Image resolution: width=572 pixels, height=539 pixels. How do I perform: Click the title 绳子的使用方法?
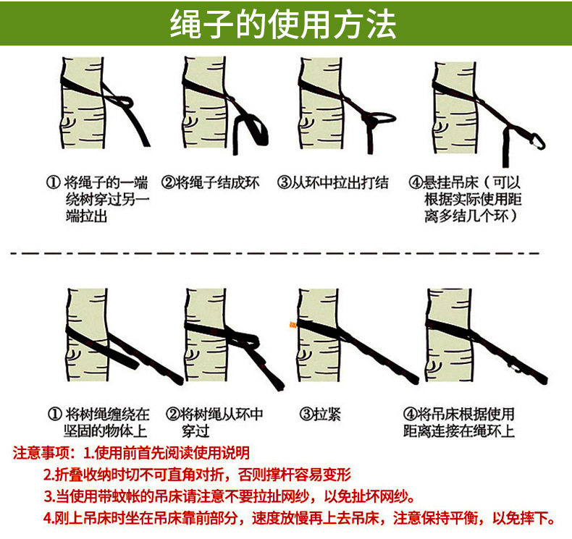coord(283,24)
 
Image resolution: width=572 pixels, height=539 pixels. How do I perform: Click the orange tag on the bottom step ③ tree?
coord(293,324)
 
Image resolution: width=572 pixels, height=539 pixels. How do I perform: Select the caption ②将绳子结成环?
coord(211,182)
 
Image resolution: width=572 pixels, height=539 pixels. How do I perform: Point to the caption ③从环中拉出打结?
coord(333,182)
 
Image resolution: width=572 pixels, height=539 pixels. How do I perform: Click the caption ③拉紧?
coord(320,414)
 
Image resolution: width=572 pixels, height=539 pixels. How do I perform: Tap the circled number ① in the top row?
coord(54,182)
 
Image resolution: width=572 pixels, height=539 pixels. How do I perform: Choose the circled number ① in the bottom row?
coord(55,414)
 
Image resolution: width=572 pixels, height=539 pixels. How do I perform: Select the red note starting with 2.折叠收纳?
coord(197,475)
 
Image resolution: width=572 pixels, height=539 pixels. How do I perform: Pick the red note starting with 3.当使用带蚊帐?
coord(229,496)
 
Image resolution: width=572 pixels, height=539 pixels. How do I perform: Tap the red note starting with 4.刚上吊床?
coord(299,518)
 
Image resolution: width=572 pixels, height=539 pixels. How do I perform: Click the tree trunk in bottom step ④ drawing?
coord(450,335)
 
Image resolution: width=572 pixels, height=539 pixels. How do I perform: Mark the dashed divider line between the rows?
coord(274,252)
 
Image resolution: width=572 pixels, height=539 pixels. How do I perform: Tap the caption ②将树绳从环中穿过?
coord(214,423)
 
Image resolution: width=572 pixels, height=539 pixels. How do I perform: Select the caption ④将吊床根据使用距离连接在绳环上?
coord(459,423)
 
